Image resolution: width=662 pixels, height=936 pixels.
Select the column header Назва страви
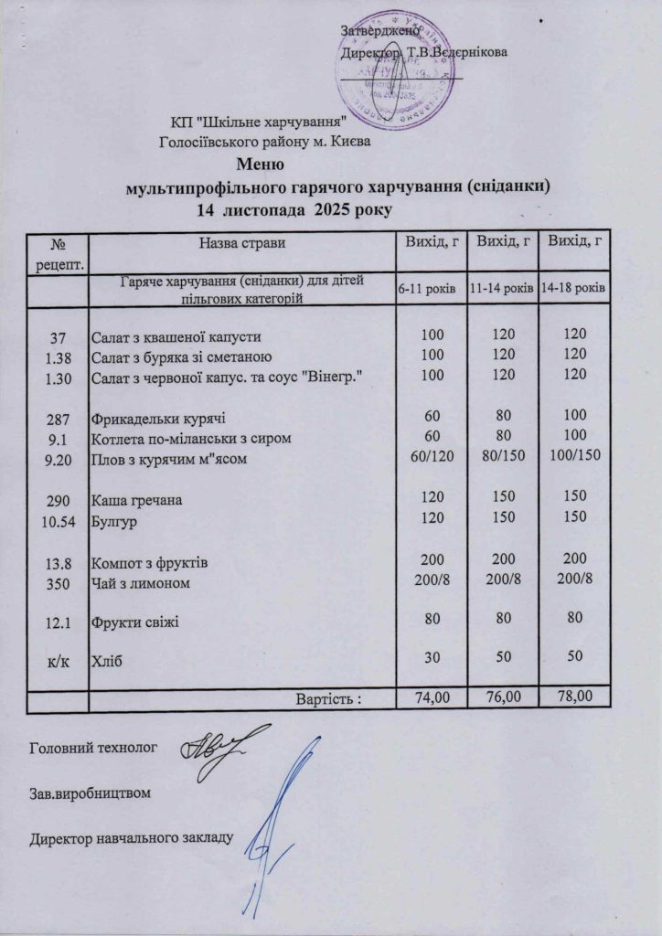point(240,242)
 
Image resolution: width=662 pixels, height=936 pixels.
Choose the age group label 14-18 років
point(572,288)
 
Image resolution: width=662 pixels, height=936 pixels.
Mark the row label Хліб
point(105,659)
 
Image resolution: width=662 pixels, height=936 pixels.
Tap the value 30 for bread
point(429,658)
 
